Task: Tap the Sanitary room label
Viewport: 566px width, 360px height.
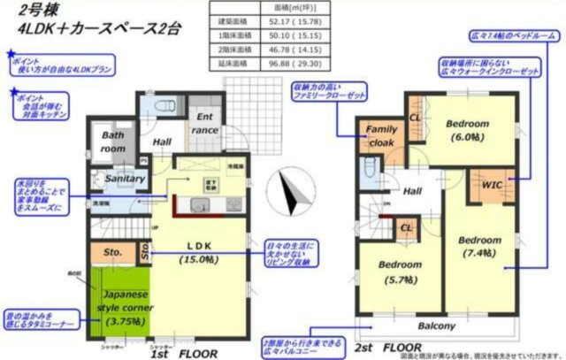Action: click(x=125, y=179)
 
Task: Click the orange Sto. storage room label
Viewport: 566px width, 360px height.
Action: click(x=111, y=251)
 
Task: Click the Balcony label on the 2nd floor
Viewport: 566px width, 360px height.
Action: click(x=437, y=326)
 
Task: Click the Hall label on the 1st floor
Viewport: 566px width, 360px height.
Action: click(x=161, y=142)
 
